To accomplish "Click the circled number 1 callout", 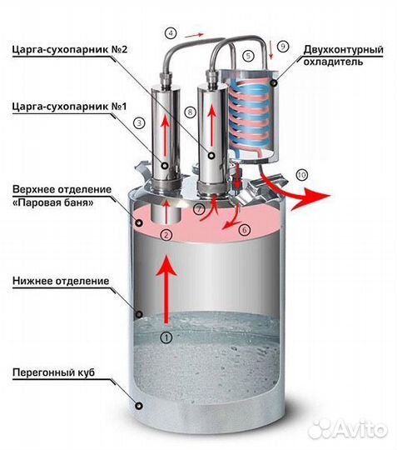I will [166, 337].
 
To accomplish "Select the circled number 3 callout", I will [139, 122].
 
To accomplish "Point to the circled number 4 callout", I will [171, 33].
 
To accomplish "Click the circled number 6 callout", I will [244, 227].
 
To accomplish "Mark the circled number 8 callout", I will [191, 111].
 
